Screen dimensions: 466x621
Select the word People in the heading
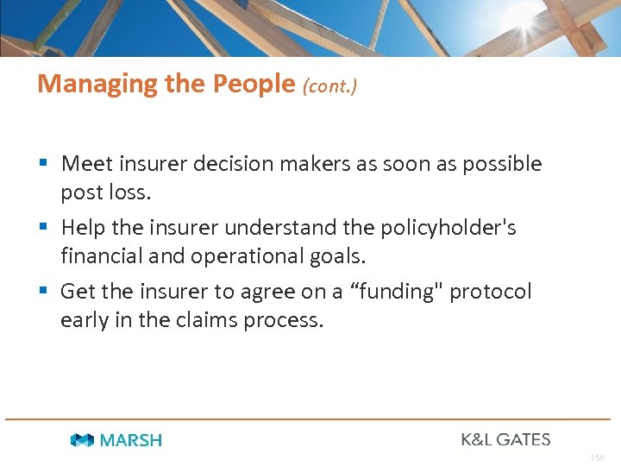(254, 84)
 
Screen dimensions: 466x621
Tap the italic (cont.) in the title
(329, 85)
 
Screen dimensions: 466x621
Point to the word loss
(131, 192)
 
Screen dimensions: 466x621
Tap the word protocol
(491, 292)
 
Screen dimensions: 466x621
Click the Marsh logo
(116, 440)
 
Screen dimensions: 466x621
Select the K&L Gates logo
(505, 439)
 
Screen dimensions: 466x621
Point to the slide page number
(597, 457)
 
